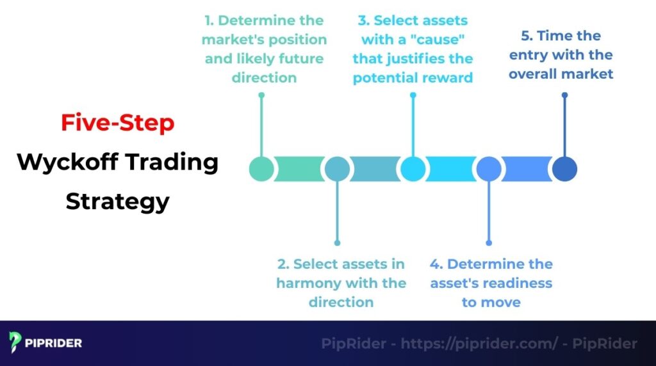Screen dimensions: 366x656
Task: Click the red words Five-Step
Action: click(x=117, y=123)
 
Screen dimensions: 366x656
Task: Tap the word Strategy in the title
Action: click(x=117, y=202)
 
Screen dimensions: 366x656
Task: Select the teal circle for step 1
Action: click(x=261, y=169)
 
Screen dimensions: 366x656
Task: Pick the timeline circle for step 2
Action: click(x=337, y=169)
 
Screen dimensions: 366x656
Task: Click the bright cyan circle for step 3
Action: click(x=413, y=169)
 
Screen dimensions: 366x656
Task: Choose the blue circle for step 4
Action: click(x=489, y=169)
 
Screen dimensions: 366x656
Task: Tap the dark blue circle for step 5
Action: click(x=564, y=169)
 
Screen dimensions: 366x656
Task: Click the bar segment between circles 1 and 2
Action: click(x=299, y=169)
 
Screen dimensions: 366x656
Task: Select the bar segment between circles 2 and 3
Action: click(x=375, y=169)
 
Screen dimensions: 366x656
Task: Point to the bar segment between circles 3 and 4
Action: click(x=451, y=169)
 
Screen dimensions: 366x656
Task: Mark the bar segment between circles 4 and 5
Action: click(x=527, y=169)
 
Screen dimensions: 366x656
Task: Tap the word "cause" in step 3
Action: click(x=443, y=39)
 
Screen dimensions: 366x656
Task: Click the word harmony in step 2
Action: click(x=311, y=283)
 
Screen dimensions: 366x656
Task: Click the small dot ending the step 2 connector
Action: click(x=337, y=243)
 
